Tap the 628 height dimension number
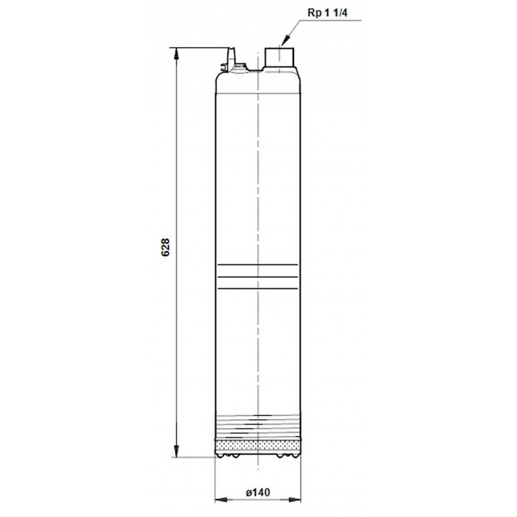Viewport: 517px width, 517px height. pos(165,248)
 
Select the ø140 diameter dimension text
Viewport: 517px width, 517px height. pos(258,492)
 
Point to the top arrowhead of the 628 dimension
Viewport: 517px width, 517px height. pos(176,54)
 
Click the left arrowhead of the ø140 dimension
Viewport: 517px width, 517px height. pos(221,500)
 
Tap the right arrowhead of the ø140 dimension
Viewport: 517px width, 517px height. pos(295,500)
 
